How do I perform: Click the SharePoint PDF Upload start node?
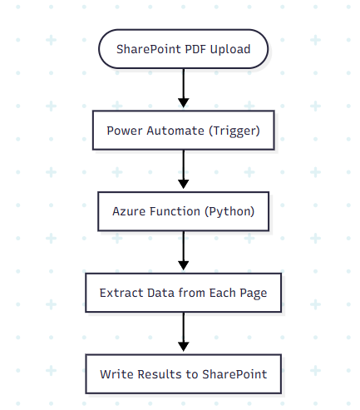point(183,49)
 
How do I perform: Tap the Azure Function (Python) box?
point(183,211)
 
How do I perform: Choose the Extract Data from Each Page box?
point(183,293)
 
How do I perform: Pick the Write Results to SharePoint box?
point(183,373)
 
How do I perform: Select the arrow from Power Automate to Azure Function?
point(183,170)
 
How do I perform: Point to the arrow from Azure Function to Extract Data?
point(183,252)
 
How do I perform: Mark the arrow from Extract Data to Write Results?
point(183,333)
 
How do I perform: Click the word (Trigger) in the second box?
point(234,131)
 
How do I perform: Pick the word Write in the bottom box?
point(116,373)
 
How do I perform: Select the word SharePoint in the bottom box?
point(235,373)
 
